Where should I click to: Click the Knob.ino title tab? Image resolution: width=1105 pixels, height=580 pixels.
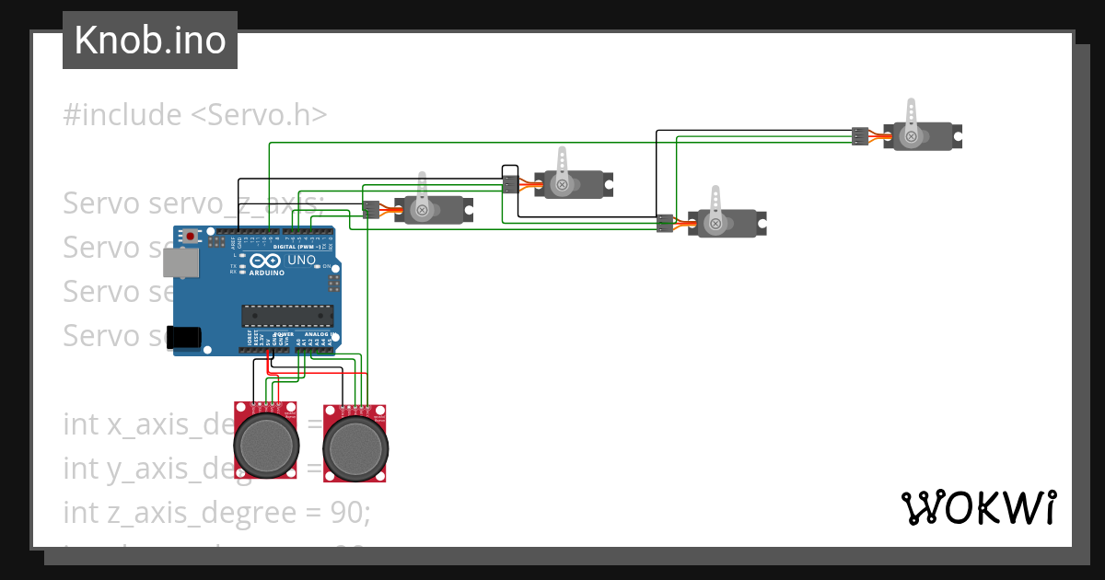point(150,41)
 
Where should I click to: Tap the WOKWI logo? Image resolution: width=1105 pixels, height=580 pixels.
point(978,507)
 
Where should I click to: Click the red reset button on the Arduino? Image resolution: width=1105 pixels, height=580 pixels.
point(191,237)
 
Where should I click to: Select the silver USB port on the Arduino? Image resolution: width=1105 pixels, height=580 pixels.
point(180,262)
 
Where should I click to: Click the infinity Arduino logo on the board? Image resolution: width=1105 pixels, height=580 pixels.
point(266,262)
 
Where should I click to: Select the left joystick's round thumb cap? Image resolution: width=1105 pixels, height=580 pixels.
point(267,444)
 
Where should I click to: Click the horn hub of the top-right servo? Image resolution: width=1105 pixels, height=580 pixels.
point(911,136)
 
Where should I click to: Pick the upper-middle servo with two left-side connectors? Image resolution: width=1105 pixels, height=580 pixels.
point(571,184)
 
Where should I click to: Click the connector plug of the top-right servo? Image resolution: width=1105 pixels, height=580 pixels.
point(860,136)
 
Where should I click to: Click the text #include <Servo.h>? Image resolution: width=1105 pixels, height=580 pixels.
point(194,115)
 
